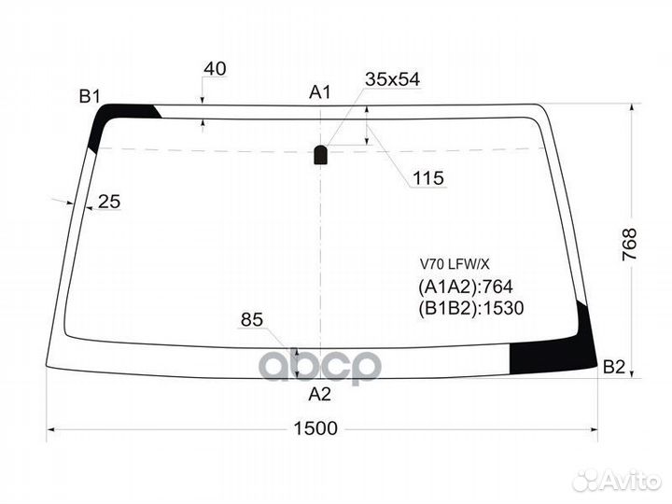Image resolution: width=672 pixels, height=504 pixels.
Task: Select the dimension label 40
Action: (215, 69)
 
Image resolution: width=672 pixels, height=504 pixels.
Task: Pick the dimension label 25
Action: (109, 201)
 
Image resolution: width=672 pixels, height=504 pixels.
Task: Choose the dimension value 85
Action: (252, 320)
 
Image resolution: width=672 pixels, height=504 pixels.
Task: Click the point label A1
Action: (320, 91)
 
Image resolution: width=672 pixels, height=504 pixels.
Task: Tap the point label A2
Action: (320, 394)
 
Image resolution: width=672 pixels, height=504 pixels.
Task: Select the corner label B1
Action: (90, 95)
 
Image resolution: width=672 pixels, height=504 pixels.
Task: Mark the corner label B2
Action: (614, 367)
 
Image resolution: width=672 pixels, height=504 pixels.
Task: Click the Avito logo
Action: (617, 480)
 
